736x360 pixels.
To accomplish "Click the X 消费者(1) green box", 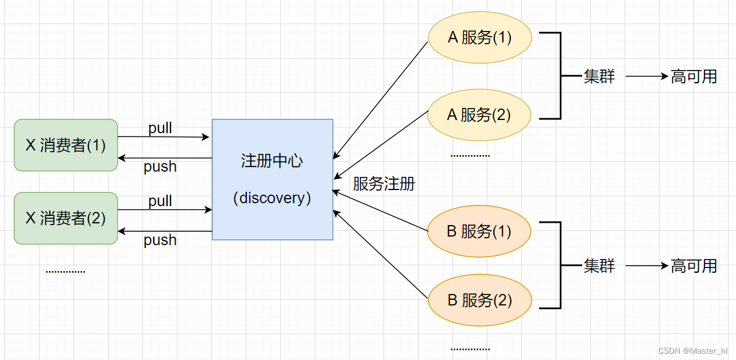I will coord(65,145).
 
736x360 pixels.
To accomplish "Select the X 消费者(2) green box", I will coord(65,218).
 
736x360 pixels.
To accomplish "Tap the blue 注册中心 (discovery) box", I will coord(272,179).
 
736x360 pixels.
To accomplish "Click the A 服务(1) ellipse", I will coord(479,38).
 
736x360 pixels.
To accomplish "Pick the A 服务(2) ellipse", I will coord(479,115).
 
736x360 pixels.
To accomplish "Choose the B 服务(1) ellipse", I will coord(479,231).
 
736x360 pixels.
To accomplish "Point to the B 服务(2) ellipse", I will coord(479,300).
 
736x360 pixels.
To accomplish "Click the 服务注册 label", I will coord(384,184).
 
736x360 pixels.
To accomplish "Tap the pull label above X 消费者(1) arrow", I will coord(160,128).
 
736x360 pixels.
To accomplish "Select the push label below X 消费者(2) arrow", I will coord(160,239).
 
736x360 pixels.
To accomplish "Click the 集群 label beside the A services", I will coord(599,76).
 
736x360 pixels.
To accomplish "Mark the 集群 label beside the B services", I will coord(599,266).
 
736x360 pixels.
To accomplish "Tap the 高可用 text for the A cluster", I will coord(694,76).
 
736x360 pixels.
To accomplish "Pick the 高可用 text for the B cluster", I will coord(694,266).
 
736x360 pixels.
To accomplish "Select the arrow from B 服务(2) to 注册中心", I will coord(381,255).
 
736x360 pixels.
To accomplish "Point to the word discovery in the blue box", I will coord(272,198).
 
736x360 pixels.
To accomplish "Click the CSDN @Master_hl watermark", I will coord(692,351).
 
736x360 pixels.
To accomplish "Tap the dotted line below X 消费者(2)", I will coord(65,271).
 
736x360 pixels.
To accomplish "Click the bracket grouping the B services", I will coord(560,265).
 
